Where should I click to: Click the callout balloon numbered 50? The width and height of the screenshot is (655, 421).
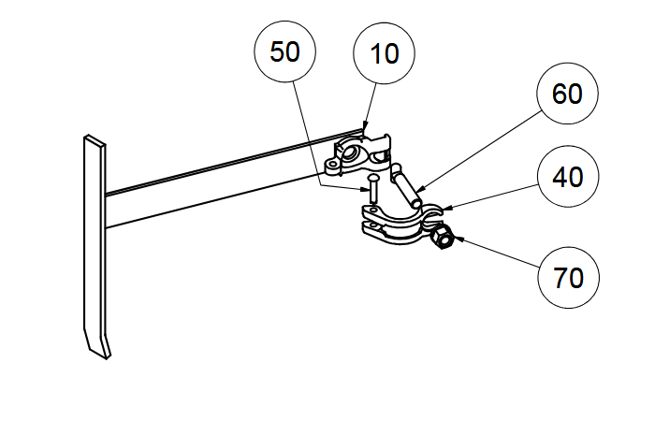[284, 52]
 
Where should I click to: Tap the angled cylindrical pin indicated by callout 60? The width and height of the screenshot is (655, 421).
[404, 186]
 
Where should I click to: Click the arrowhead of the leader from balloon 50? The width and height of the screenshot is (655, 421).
[367, 189]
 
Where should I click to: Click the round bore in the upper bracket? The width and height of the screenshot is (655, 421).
[355, 150]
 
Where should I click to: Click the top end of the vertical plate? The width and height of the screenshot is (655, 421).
[94, 139]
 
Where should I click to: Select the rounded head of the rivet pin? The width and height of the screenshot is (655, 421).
[373, 176]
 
